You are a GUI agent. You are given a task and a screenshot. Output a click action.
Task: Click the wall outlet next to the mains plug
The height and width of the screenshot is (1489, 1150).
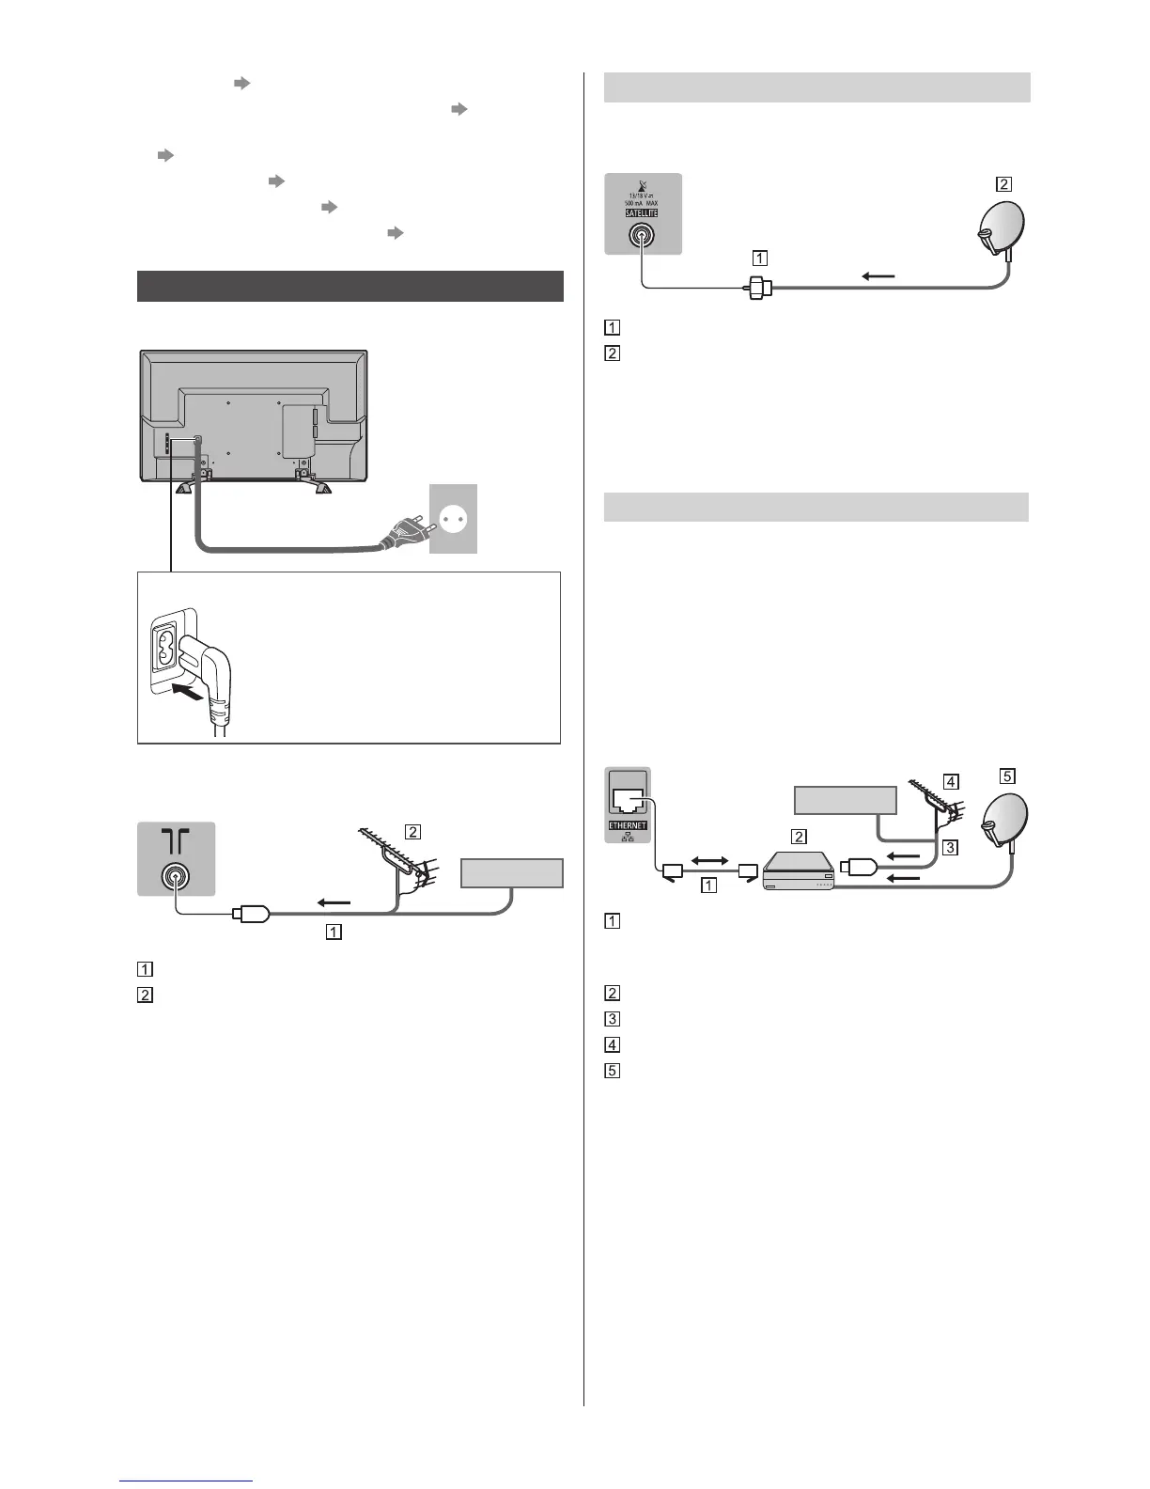(453, 519)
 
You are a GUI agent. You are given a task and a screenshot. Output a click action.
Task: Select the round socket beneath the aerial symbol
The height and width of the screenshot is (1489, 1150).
(175, 877)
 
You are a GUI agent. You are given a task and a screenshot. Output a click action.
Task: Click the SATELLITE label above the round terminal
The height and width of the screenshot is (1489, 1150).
(643, 212)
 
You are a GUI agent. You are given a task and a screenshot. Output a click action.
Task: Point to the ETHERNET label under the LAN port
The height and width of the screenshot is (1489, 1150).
(628, 825)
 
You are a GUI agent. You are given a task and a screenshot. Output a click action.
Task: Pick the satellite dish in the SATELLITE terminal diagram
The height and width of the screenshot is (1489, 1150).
(999, 229)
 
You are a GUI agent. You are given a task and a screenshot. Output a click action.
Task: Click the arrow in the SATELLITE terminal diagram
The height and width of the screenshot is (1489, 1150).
(878, 275)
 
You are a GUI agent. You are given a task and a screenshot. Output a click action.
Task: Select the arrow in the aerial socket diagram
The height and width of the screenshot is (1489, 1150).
(334, 902)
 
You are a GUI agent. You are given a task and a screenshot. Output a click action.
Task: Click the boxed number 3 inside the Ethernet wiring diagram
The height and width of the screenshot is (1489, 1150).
(950, 847)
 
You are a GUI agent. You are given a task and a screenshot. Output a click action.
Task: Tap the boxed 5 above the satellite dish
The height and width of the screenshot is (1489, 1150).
(1007, 776)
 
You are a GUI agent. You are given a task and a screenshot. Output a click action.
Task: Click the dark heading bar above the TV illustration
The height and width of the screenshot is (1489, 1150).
(350, 286)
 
